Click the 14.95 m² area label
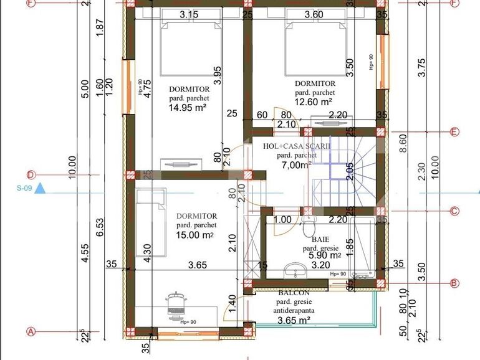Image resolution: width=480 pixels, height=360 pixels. tap(187, 107)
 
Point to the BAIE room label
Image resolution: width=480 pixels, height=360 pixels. tap(320, 239)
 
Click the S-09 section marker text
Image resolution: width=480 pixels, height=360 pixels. tap(25, 187)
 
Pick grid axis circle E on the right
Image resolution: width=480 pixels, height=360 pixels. tap(454, 132)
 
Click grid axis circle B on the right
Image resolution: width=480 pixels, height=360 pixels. tap(454, 283)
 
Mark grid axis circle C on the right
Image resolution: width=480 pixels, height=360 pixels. tap(454, 211)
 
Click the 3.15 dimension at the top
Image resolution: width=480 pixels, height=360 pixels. tap(189, 14)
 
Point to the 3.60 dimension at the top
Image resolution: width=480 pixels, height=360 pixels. tap(314, 14)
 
